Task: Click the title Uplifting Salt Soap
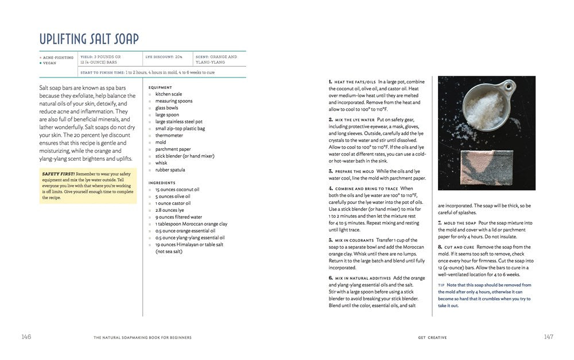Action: coord(89,39)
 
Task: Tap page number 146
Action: coord(26,337)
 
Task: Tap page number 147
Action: coord(548,337)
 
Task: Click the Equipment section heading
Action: coord(160,87)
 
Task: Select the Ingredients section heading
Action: coord(162,183)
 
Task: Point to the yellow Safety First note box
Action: coord(88,185)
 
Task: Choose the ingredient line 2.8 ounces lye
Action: coord(169,210)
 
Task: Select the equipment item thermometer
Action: coord(169,136)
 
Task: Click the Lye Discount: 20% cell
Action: coord(164,57)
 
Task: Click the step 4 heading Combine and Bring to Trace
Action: coord(366,188)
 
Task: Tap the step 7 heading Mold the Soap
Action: coord(459,222)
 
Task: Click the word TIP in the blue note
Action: coord(441,285)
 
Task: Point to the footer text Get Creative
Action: coord(432,338)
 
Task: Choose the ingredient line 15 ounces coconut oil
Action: coord(177,189)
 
